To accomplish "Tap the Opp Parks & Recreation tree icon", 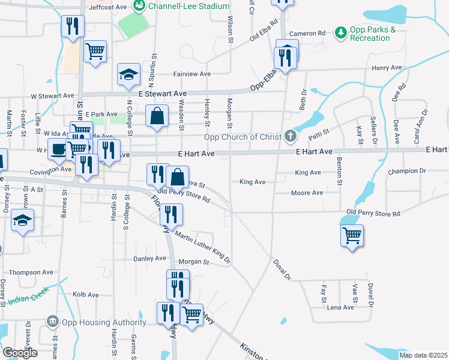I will click(341, 31).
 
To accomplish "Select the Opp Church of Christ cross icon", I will click(291, 136).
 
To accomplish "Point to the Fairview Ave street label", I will click(192, 74).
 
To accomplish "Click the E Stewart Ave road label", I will click(163, 94).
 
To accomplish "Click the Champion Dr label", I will click(406, 171).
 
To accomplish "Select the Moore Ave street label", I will click(307, 193).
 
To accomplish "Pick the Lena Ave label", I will click(340, 307).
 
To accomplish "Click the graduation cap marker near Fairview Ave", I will click(128, 74).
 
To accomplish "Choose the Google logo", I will click(20, 353).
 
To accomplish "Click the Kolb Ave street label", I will click(85, 295).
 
